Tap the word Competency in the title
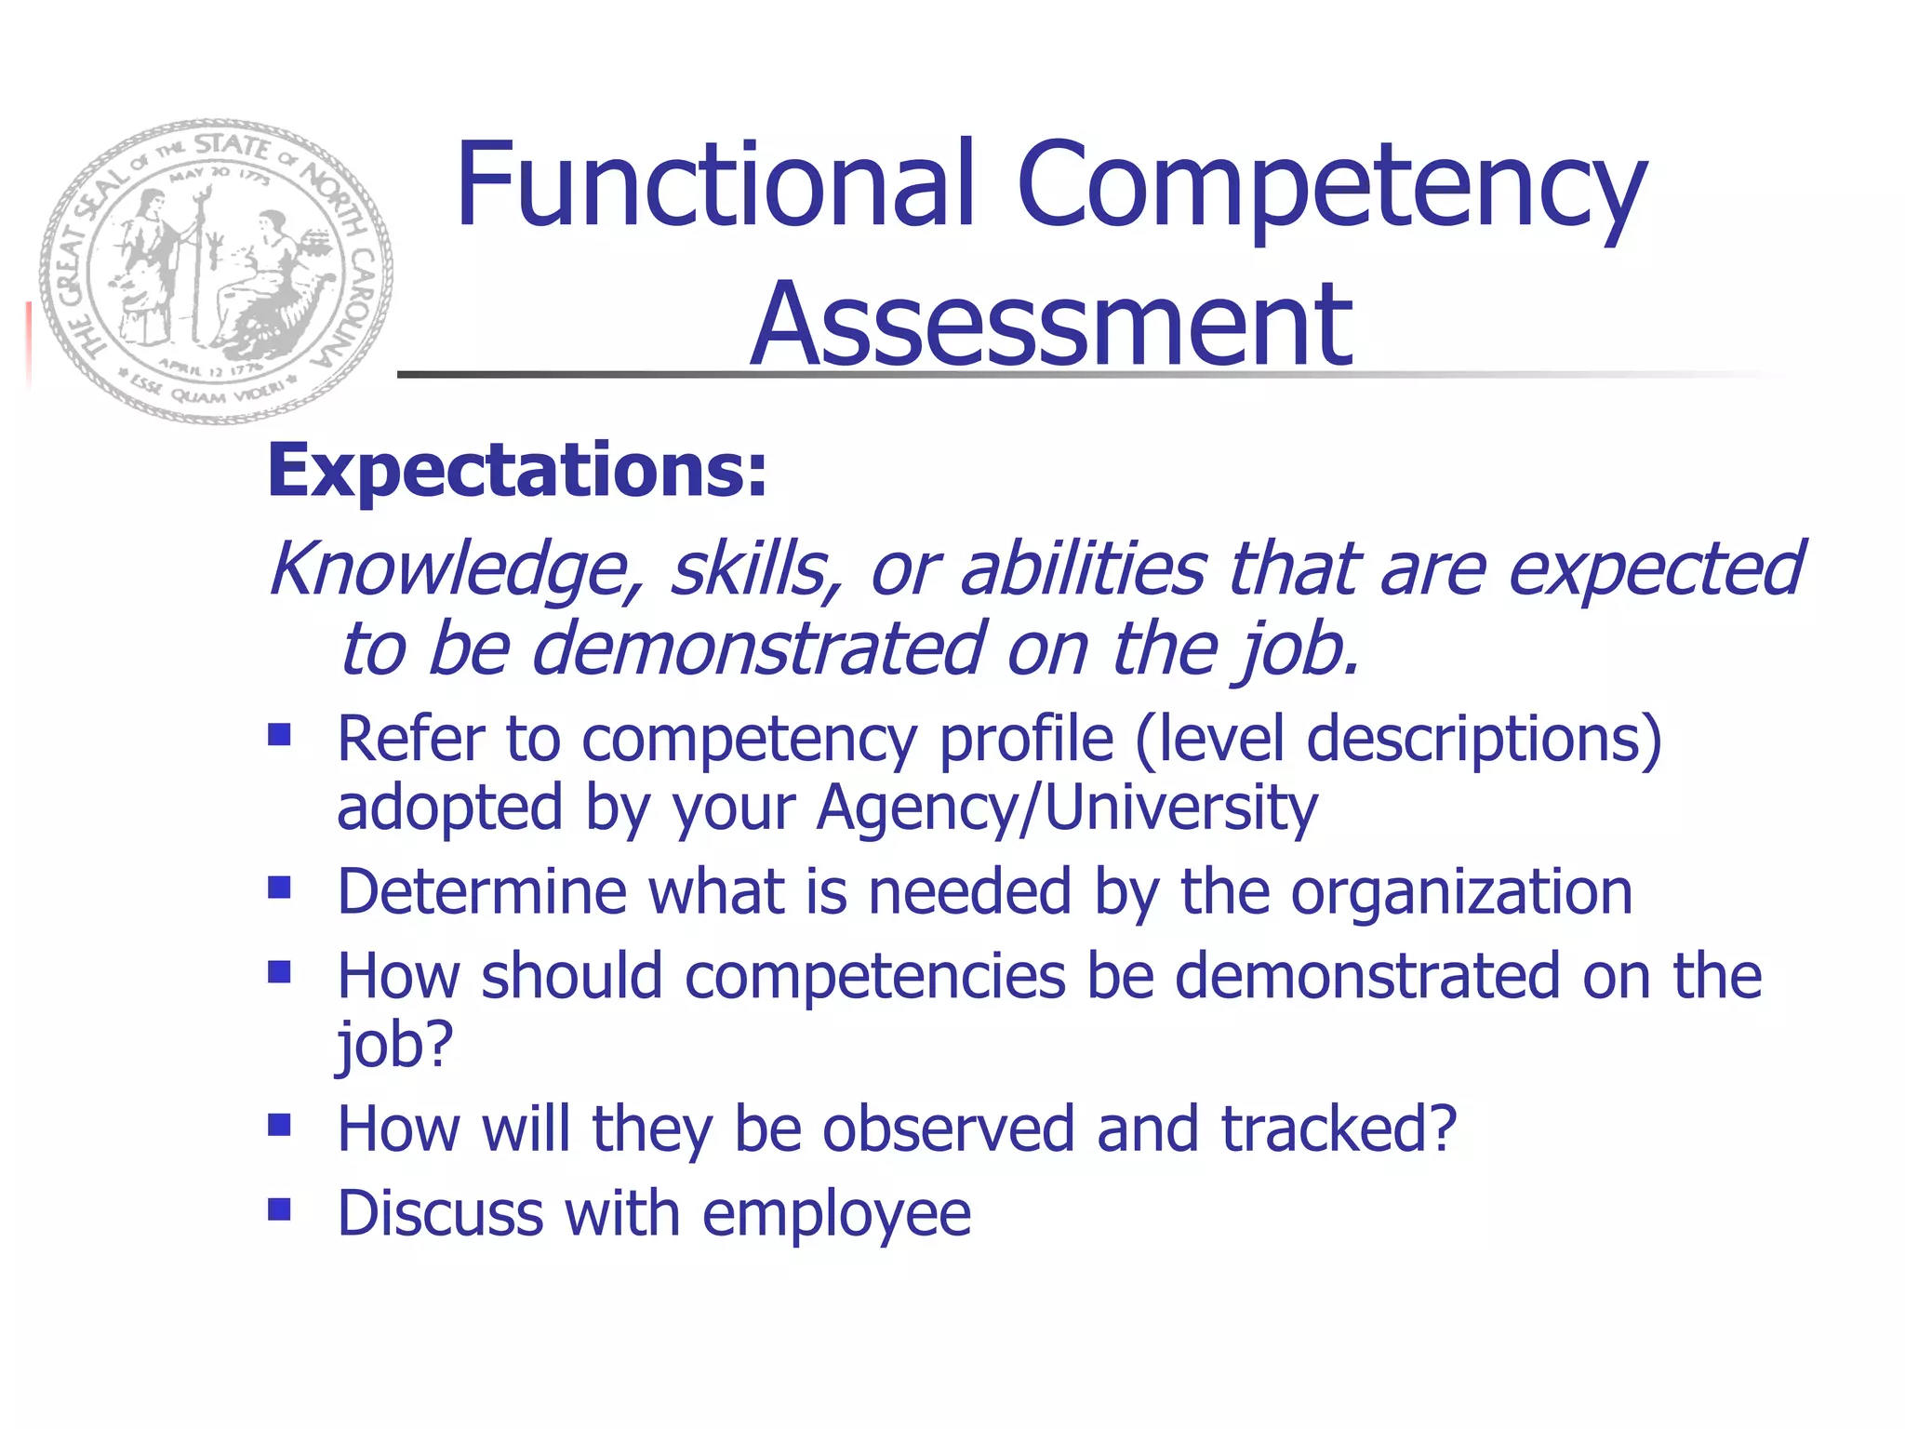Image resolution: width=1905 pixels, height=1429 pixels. coord(1332,186)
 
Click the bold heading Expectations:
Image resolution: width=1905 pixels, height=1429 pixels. coord(517,471)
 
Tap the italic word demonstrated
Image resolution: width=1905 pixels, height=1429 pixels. coord(757,648)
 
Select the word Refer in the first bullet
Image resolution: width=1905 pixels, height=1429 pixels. coord(410,739)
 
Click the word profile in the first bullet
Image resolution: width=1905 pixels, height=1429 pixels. coord(1025,739)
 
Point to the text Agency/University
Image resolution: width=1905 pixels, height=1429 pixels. coord(1067,807)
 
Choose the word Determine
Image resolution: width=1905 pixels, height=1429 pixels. coord(482,891)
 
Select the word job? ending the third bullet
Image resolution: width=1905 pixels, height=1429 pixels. coord(394,1045)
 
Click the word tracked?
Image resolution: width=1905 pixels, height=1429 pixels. coord(1338,1129)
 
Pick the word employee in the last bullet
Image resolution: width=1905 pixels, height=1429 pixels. coord(836,1214)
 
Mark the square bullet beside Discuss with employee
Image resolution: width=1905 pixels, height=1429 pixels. coord(279,1209)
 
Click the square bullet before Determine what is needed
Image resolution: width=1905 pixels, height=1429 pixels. coord(279,888)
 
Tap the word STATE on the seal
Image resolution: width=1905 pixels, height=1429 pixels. coord(232,146)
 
